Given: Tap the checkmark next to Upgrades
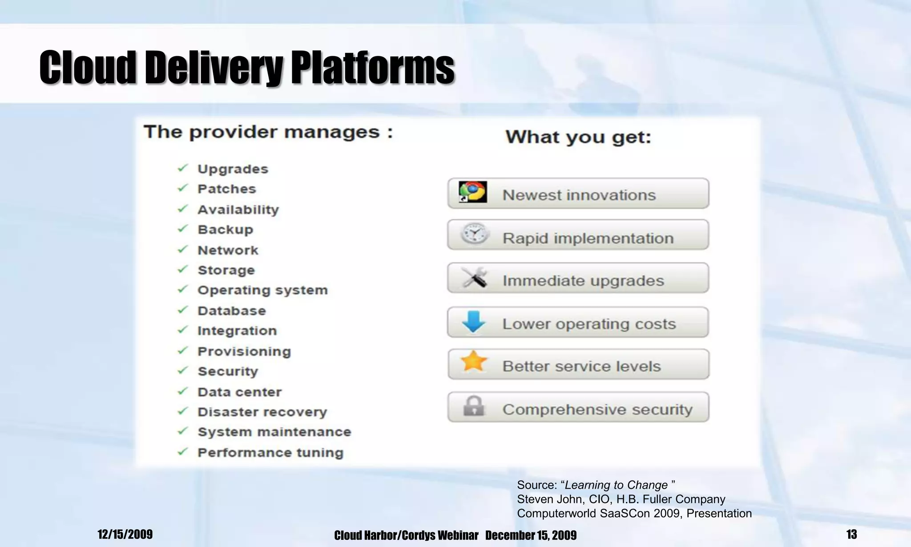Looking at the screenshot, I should pyautogui.click(x=183, y=168).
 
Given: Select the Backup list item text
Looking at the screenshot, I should pyautogui.click(x=225, y=230).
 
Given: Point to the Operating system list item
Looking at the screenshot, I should pyautogui.click(x=262, y=290).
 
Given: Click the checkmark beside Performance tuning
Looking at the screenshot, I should pyautogui.click(x=183, y=452).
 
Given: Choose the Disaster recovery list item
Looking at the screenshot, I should pyautogui.click(x=262, y=412).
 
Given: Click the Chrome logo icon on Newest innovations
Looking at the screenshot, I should pyautogui.click(x=472, y=192).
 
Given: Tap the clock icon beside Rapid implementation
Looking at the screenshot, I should pyautogui.click(x=474, y=234).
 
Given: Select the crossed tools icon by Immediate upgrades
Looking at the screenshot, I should pyautogui.click(x=474, y=278).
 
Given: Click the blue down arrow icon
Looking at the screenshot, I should pyautogui.click(x=473, y=321).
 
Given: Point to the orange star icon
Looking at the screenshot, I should pyautogui.click(x=474, y=361).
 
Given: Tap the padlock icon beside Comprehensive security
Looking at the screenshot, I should pyautogui.click(x=473, y=406).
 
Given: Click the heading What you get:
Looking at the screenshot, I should pyautogui.click(x=578, y=137).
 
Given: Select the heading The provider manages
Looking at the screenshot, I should pyautogui.click(x=268, y=132).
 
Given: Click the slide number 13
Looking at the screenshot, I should pyautogui.click(x=851, y=534).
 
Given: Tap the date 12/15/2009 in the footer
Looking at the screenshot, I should pyautogui.click(x=125, y=534).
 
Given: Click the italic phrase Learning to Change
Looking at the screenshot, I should pyautogui.click(x=616, y=485).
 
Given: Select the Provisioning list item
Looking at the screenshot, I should pyautogui.click(x=244, y=352).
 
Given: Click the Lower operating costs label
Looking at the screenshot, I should pyautogui.click(x=589, y=324).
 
